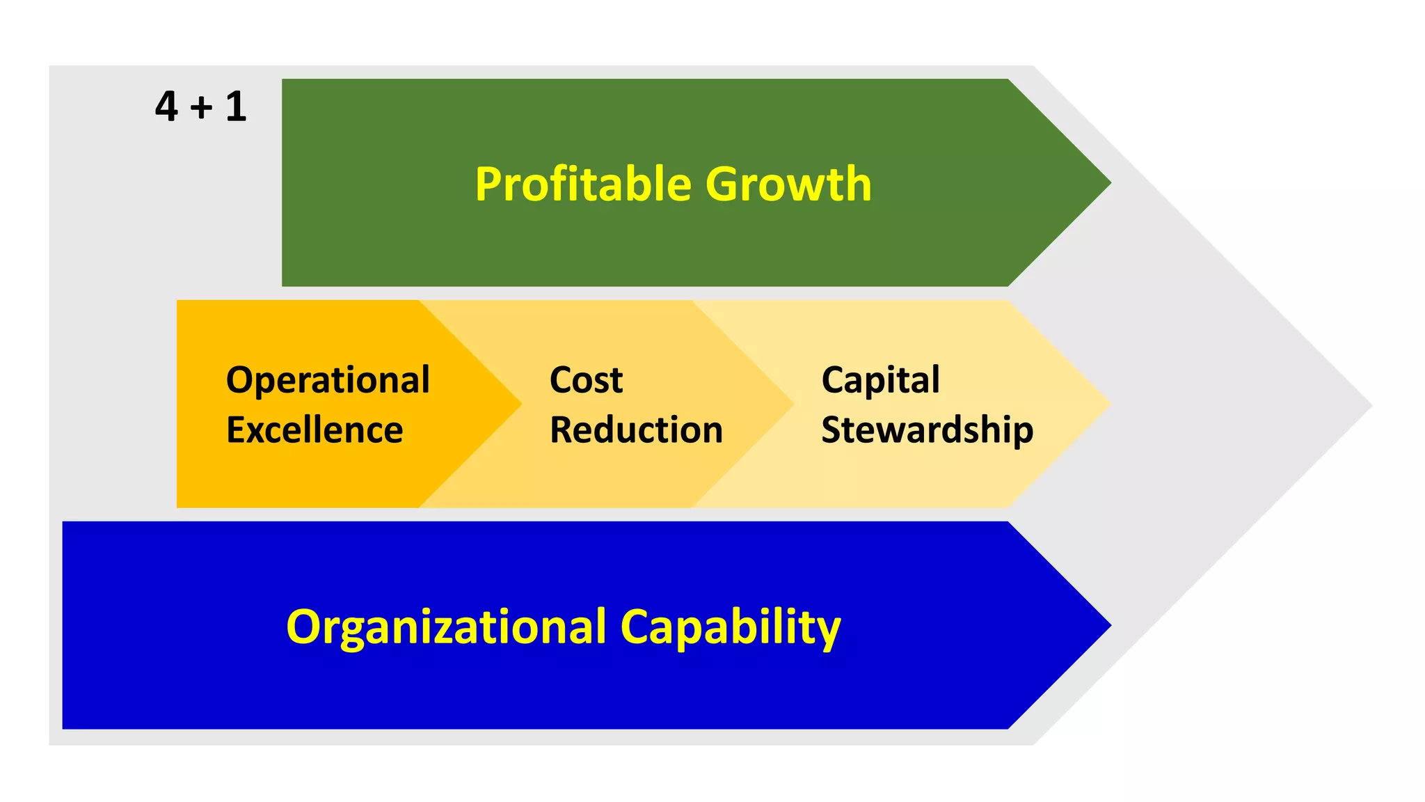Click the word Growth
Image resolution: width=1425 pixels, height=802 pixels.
[x=788, y=184]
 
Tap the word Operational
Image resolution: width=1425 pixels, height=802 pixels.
[x=328, y=381]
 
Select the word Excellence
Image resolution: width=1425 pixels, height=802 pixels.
[x=315, y=430]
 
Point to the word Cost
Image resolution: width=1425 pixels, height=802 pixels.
[x=586, y=381]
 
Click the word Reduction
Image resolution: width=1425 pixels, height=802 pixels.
[x=636, y=430]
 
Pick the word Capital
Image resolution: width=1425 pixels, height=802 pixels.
[x=880, y=381]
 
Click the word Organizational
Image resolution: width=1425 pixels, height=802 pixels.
[x=446, y=627]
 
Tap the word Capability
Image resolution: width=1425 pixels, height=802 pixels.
[x=730, y=627]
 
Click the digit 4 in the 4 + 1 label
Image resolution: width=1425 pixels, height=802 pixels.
[x=166, y=107]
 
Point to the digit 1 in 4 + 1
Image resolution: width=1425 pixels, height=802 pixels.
[x=236, y=107]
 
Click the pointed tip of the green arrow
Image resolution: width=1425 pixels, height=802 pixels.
[x=1108, y=183]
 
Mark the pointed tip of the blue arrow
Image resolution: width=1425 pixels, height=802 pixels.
[x=1108, y=625]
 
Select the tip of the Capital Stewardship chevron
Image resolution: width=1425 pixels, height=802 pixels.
[x=1108, y=404]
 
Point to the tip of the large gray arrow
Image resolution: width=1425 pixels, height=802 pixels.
[x=1369, y=405]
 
